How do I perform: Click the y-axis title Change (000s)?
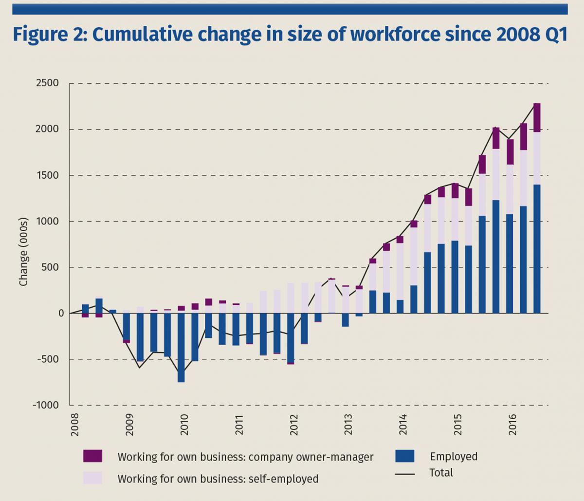23,252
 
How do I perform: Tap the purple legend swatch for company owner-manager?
92,456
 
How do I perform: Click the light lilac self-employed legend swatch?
92,478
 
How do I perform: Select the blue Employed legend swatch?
404,456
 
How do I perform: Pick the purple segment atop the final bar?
537,117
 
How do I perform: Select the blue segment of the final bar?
537,248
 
